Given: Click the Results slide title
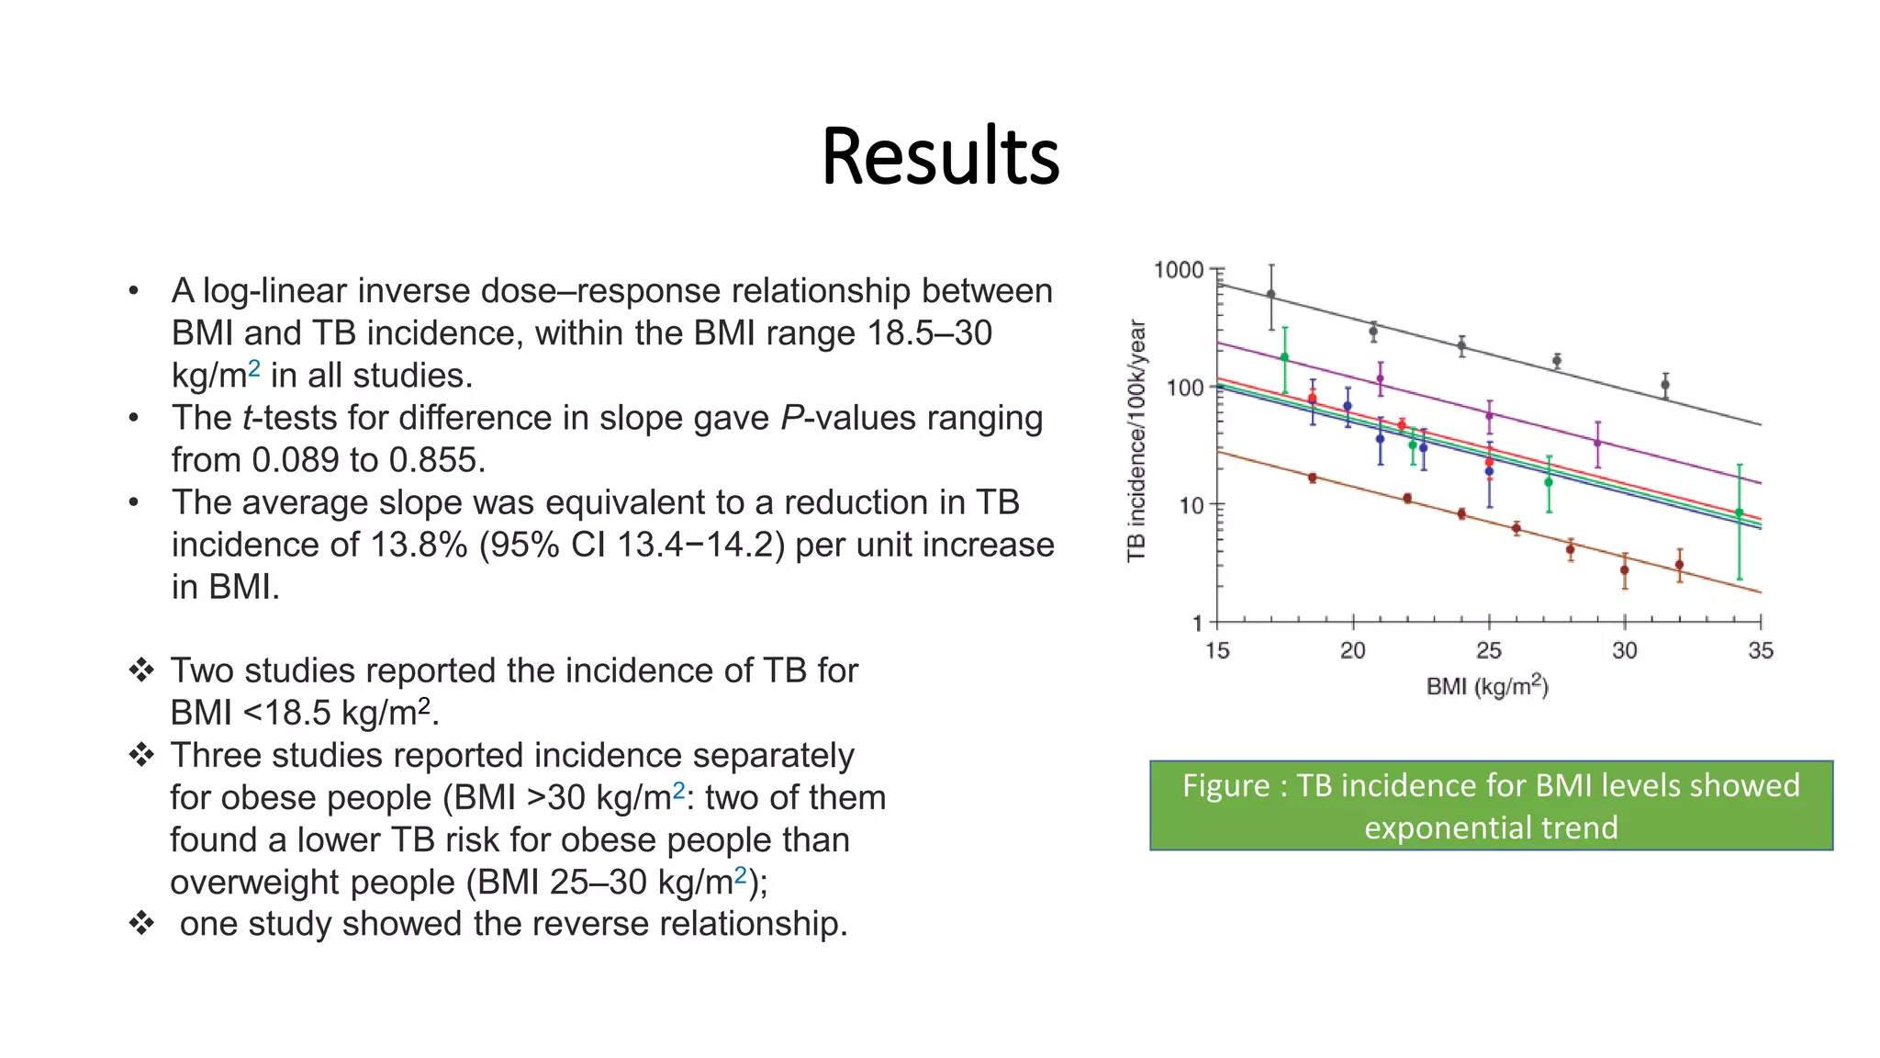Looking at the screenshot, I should [940, 156].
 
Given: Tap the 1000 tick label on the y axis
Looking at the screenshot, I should [1178, 270].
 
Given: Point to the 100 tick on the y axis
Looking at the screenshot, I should [1184, 388].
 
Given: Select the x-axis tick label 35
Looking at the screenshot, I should [1760, 651].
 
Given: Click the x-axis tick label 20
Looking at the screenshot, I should [1352, 651].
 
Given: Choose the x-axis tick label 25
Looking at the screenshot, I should [1488, 651].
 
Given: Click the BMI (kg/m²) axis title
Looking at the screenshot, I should [1487, 686].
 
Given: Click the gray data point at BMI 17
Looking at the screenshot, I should [1271, 295].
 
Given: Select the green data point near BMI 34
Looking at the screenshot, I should [1739, 513].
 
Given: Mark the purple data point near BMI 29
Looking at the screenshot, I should [1598, 443].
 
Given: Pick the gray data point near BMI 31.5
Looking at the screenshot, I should [1665, 385].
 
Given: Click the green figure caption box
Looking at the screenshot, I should [1491, 805].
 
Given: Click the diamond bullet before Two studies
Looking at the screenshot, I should [141, 670].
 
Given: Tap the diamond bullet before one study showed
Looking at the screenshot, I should [141, 924].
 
